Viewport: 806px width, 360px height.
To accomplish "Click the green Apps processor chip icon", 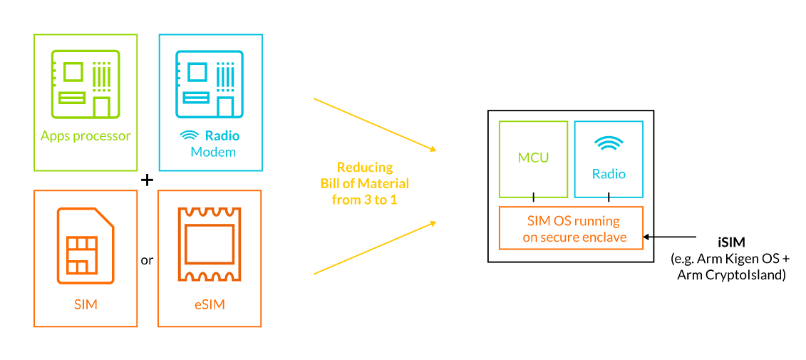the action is (86, 83).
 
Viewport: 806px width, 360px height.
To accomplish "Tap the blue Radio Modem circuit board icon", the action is (210, 83).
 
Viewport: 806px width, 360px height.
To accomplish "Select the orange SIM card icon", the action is (86, 246).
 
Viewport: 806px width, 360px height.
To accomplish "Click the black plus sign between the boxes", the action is (147, 180).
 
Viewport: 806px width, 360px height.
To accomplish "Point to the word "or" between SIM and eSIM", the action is (147, 260).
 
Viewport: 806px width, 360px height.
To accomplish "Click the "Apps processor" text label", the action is (86, 136).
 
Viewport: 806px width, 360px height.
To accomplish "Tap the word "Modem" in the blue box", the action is (213, 153).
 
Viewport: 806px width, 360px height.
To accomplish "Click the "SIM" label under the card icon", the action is (86, 305).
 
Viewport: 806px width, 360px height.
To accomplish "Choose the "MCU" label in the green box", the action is (533, 158).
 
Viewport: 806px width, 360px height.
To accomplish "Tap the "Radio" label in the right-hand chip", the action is (609, 174).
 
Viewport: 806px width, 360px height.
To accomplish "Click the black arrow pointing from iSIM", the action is (677, 237).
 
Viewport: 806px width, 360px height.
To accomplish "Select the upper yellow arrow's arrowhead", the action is (433, 149).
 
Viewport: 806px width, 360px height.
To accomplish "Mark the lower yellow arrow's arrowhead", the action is (433, 222).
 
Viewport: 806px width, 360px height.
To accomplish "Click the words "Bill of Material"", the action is (365, 184).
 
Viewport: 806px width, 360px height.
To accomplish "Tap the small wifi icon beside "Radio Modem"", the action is (189, 136).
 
